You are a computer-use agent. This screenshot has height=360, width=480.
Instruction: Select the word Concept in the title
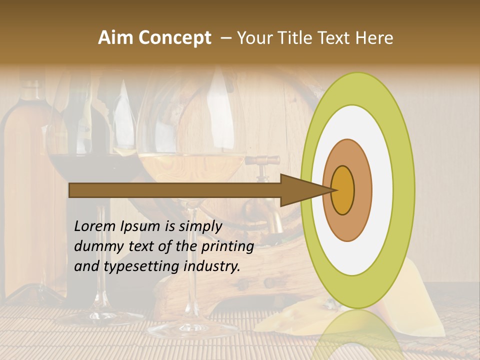174,38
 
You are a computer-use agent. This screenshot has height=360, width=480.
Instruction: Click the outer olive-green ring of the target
405,190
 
